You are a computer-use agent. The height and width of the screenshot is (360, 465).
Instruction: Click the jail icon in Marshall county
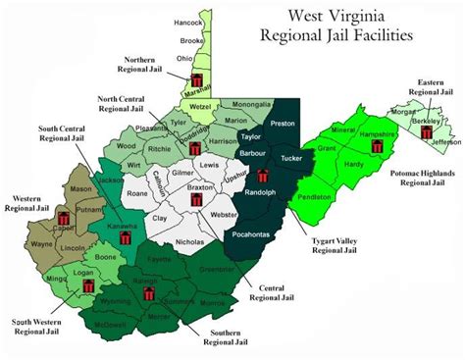[x=197, y=78]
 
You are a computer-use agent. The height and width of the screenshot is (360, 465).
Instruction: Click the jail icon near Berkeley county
[x=426, y=131]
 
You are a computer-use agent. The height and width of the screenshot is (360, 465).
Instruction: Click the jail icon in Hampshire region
[x=378, y=146]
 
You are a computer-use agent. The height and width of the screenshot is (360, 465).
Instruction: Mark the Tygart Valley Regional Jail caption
[x=311, y=244]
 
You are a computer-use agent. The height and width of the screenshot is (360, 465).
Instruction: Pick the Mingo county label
[x=71, y=279]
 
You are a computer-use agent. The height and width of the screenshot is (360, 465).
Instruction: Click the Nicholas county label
[x=190, y=240]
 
